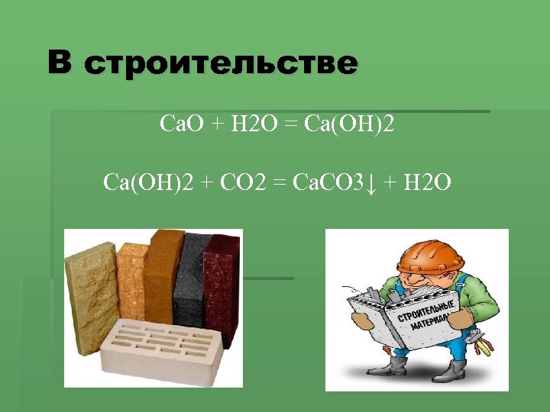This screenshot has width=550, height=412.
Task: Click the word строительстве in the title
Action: pyautogui.click(x=221, y=63)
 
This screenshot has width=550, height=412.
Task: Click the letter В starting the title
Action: pyautogui.click(x=61, y=62)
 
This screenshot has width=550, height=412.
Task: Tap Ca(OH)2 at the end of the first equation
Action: pyautogui.click(x=349, y=123)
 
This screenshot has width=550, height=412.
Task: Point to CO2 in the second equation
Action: pyautogui.click(x=244, y=182)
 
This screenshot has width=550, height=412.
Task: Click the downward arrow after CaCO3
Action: pyautogui.click(x=370, y=184)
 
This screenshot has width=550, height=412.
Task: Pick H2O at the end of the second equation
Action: pyautogui.click(x=427, y=182)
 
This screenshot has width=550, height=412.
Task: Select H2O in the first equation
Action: pyautogui.click(x=248, y=123)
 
